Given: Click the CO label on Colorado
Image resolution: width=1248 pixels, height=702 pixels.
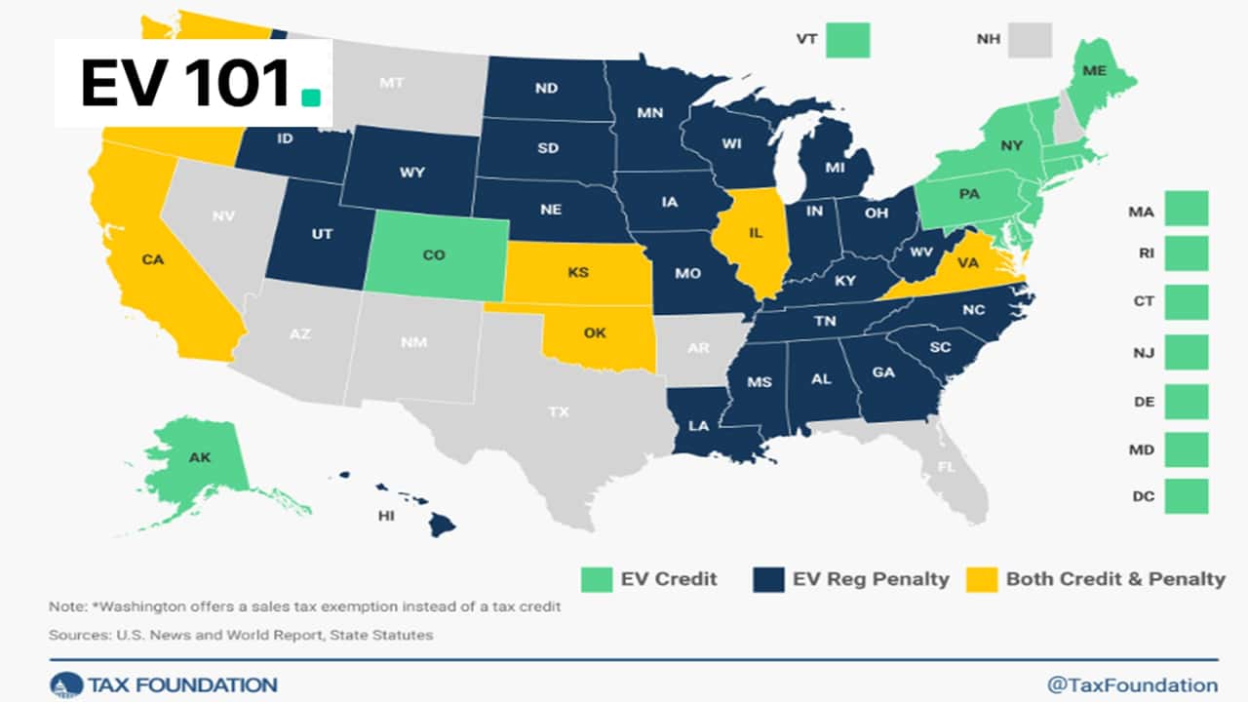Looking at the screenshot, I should coord(435,255).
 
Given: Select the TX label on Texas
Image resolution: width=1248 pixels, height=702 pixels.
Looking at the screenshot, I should coord(558,411).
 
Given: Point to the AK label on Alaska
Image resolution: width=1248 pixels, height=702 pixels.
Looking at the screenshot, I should coord(199,457).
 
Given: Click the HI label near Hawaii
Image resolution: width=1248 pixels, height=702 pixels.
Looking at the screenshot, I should coord(387,515).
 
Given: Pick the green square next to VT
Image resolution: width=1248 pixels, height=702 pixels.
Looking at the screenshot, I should coord(847,41).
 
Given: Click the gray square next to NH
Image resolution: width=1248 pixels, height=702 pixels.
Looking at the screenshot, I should coord(1030,41).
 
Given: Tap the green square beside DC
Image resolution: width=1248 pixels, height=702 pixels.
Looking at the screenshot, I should coord(1186,496).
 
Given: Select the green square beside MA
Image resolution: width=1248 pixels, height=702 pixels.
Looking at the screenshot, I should coord(1186,210).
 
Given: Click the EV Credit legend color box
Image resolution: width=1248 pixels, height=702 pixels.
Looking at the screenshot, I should coord(595,579).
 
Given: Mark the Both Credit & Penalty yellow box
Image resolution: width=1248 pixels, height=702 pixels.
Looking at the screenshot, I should coord(981,579).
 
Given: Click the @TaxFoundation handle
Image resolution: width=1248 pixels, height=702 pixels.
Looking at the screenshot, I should coord(1132,684).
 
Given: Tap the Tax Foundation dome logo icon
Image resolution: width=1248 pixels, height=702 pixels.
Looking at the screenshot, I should coord(65,684).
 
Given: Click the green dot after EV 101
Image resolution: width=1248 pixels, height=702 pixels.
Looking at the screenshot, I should coord(310,97).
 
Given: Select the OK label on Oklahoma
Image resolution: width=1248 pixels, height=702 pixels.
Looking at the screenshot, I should coord(594,333).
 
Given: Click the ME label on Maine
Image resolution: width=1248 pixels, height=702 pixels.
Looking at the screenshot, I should coord(1095,71).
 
